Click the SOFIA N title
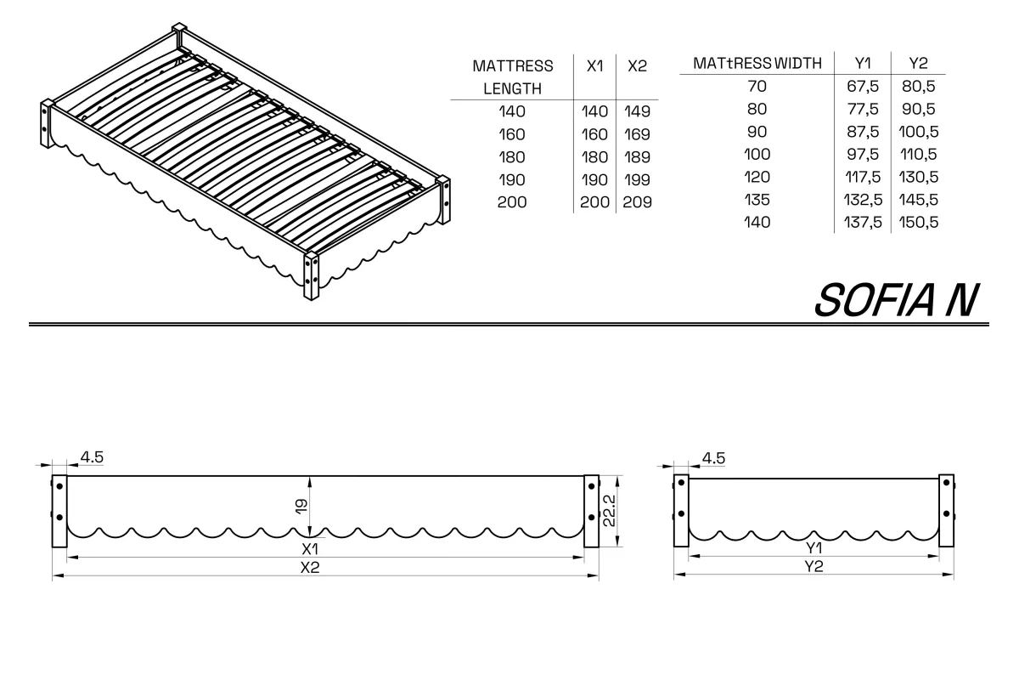point(896,300)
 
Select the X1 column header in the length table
point(594,66)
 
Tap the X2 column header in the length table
point(637,66)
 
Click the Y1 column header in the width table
point(863,63)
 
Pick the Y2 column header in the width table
point(918,63)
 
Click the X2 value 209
point(637,202)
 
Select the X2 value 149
point(637,111)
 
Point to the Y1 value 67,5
point(863,87)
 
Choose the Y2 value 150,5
point(918,222)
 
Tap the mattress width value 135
point(757,200)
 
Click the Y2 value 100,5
point(918,132)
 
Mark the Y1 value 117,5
point(863,177)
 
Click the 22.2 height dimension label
point(609,511)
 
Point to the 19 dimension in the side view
point(301,507)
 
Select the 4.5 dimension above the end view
point(713,458)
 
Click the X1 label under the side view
point(310,549)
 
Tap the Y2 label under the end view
point(814,566)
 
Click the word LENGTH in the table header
point(512,88)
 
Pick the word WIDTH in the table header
point(798,63)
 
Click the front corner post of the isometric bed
point(311,276)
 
